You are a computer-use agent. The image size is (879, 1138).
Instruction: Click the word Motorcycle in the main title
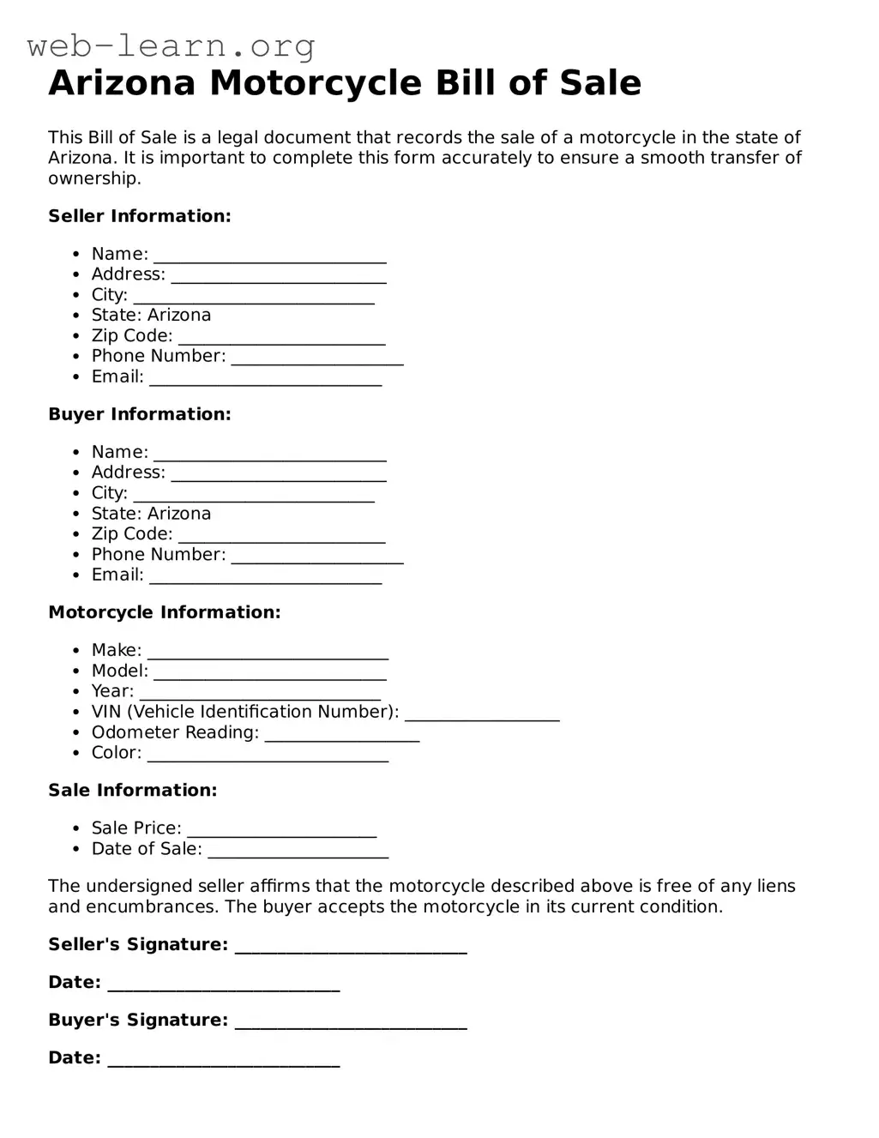[x=315, y=83]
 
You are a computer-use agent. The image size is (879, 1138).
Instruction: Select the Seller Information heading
[x=139, y=216]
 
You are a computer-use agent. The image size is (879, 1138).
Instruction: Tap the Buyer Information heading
[x=139, y=414]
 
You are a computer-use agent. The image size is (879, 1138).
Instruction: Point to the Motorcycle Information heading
[x=164, y=612]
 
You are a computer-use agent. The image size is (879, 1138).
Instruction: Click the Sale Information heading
[x=132, y=790]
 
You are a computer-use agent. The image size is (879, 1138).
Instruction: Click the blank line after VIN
[x=481, y=714]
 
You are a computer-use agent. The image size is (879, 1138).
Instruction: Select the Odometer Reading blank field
[x=341, y=734]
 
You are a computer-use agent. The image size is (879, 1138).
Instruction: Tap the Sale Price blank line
[x=281, y=829]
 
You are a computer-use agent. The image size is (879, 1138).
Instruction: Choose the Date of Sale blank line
[x=298, y=850]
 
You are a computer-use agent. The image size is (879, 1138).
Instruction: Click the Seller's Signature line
[x=350, y=946]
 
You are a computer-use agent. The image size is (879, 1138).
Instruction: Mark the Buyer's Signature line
[x=350, y=1021]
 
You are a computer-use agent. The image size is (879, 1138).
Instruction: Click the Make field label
[x=116, y=650]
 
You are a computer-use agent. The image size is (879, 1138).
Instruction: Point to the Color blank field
[x=268, y=754]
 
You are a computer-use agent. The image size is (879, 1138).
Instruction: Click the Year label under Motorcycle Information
[x=112, y=691]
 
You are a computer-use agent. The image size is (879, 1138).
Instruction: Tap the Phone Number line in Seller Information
[x=316, y=358]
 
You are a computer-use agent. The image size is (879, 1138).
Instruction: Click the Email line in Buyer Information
[x=265, y=576]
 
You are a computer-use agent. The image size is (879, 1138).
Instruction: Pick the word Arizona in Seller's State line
[x=179, y=315]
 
